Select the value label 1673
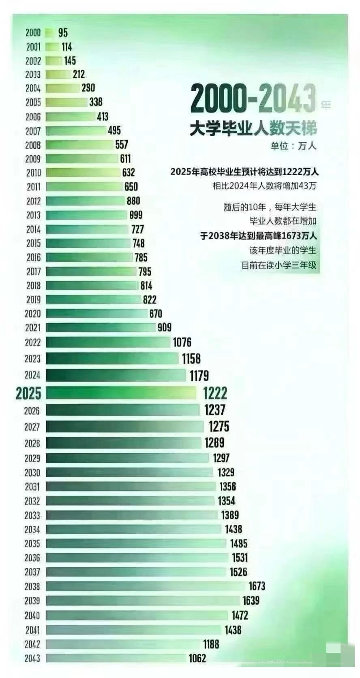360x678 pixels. click(x=257, y=586)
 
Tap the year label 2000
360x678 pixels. click(x=33, y=32)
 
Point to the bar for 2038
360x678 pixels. click(x=146, y=586)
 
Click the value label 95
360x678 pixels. click(x=63, y=32)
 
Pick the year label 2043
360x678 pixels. click(x=32, y=658)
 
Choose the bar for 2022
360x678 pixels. click(x=108, y=342)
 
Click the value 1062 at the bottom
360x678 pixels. click(x=197, y=658)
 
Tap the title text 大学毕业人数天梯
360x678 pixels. click(x=253, y=129)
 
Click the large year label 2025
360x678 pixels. click(x=28, y=393)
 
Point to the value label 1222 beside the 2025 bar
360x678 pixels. click(x=215, y=393)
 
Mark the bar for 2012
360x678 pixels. click(x=85, y=201)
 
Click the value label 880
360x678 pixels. click(x=133, y=201)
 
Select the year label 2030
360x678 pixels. click(x=32, y=472)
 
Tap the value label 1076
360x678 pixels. click(x=182, y=342)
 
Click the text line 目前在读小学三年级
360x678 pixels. click(x=279, y=266)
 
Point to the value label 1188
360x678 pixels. click(x=211, y=644)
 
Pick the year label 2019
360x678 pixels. click(x=33, y=300)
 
